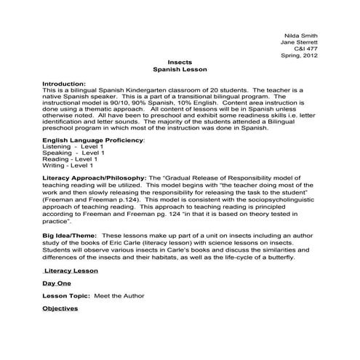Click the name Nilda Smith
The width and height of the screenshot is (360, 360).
click(301, 34)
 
